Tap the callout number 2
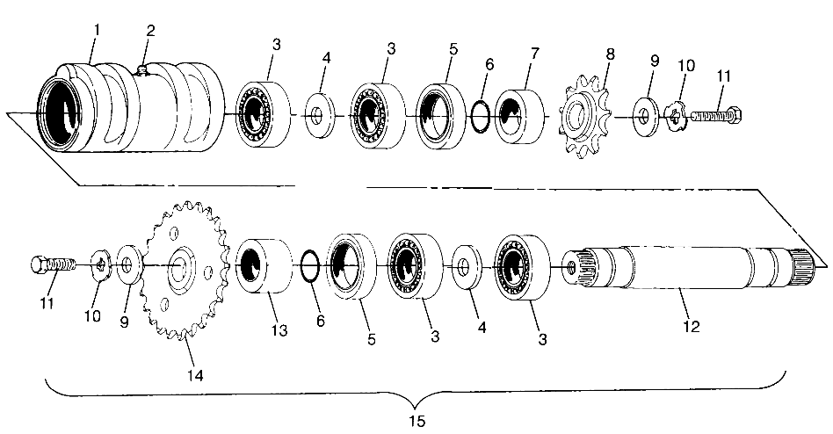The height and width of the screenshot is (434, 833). (x=150, y=31)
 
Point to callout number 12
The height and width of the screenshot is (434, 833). (x=691, y=327)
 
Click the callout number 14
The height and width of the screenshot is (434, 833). (x=195, y=375)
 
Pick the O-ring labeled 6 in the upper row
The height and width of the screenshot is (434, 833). (x=480, y=113)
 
